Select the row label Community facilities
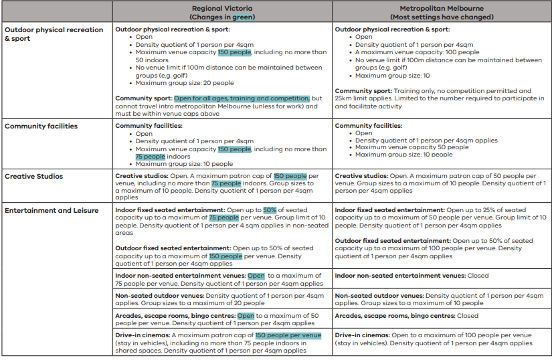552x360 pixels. pos(41,126)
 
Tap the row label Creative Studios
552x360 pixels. pos(34,177)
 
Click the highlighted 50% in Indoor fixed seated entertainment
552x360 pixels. pos(270,210)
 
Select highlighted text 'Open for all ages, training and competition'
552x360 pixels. pos(242,98)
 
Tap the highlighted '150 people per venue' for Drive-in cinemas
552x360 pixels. pos(288,335)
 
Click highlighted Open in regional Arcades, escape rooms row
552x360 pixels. pos(246,316)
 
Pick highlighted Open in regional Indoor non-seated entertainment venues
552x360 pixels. pos(256,276)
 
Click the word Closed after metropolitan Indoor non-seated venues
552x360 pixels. pos(478,276)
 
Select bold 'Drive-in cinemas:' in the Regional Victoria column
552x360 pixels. pos(143,335)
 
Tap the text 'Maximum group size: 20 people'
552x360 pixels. pos(185,83)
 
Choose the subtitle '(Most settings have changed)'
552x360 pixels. pos(442,16)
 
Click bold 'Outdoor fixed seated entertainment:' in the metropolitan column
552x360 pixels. pos(392,241)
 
